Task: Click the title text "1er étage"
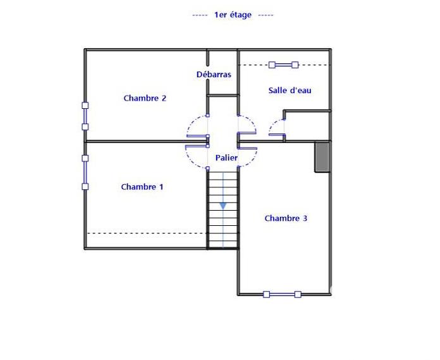pos(233,15)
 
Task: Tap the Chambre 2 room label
pos(145,98)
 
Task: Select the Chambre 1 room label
pos(142,187)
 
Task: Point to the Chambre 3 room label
pos(286,218)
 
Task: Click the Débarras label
pos(214,75)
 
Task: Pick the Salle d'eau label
pos(290,90)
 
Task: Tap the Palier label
pos(226,157)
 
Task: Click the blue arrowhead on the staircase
pos(223,205)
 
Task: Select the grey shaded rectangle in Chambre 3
pos(322,157)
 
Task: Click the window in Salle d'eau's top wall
pos(283,65)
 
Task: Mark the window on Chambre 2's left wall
pos(85,116)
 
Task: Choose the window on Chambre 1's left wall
pos(85,172)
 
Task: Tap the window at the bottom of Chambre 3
pos(282,294)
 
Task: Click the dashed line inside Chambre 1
pos(145,233)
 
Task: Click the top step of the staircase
pos(223,175)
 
